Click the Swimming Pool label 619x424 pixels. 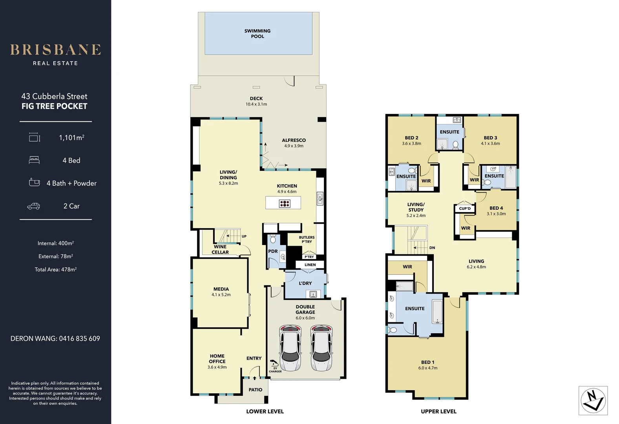(x=257, y=33)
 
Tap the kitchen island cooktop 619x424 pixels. (x=285, y=203)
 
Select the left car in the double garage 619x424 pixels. (x=290, y=348)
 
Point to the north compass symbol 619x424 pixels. (x=593, y=400)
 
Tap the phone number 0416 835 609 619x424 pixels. (x=79, y=338)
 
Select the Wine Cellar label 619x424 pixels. (x=220, y=249)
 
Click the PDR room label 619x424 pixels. (x=273, y=251)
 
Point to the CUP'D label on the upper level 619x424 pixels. (x=465, y=208)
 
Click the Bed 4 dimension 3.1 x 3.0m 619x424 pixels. (x=496, y=214)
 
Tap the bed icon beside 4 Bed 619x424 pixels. (x=34, y=160)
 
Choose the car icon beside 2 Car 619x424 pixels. (x=33, y=206)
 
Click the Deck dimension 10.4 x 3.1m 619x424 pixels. (x=256, y=104)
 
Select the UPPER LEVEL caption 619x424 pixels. (x=438, y=411)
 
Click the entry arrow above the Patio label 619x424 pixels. (x=254, y=378)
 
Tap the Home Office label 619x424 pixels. (x=217, y=358)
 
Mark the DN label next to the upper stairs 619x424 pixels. (x=432, y=248)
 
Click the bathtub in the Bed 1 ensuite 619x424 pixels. (x=437, y=312)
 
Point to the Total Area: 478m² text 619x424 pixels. (x=55, y=270)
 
